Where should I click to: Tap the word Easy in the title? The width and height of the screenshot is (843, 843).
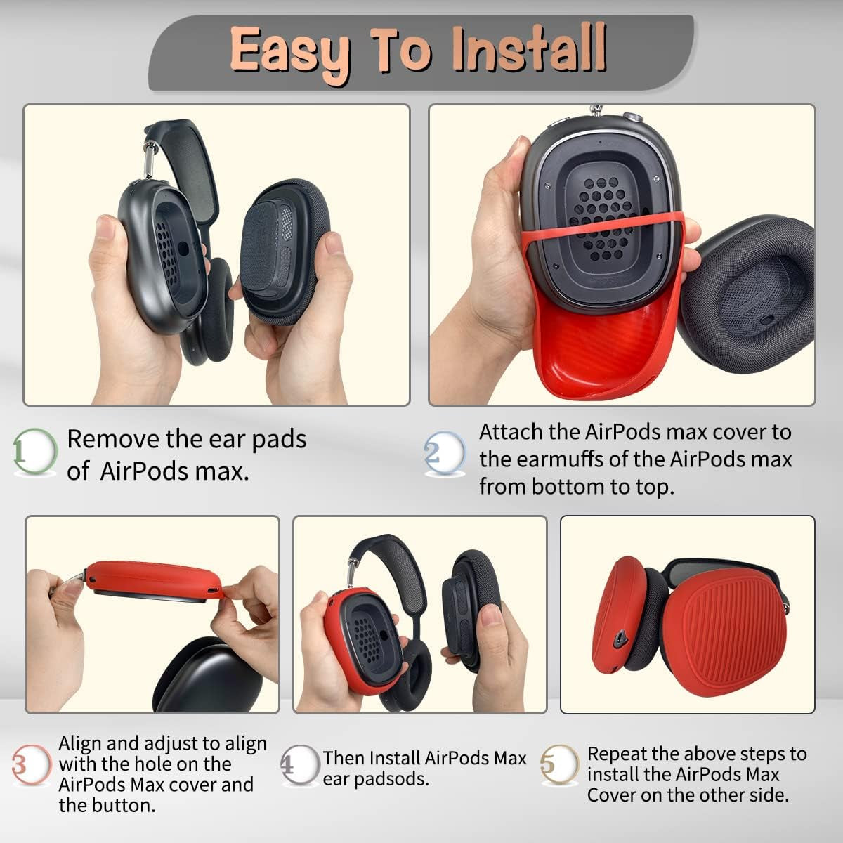(290, 53)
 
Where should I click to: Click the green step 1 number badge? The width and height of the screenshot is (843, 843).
(35, 451)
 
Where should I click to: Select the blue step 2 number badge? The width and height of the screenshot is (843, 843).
(445, 453)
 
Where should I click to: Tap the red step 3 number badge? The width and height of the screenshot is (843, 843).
(31, 765)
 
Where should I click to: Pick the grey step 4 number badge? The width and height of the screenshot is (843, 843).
(300, 765)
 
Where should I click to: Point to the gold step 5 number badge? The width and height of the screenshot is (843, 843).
(560, 764)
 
